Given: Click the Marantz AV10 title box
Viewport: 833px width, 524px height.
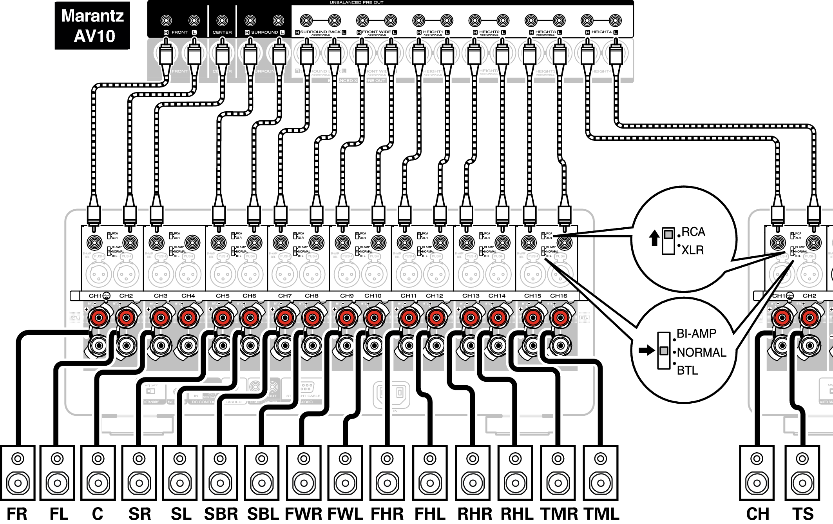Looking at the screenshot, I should point(92,25).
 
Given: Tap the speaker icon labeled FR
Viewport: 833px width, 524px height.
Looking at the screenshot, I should point(18,472).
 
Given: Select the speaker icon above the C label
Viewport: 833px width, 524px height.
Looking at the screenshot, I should point(98,472).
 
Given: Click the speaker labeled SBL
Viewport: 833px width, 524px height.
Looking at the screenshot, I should point(262,472).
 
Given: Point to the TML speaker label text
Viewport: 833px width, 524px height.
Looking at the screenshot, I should point(601,514).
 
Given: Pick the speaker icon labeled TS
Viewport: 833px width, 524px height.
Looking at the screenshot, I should point(802,472).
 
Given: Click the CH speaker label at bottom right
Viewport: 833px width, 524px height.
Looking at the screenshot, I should point(757,514).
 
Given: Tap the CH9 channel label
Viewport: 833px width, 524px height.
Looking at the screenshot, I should point(347,296).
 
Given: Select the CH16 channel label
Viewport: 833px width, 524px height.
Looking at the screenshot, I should point(558,296).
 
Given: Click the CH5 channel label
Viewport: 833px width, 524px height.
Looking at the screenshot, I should point(223,296).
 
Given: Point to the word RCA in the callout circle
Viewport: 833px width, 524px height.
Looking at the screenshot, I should point(693,232).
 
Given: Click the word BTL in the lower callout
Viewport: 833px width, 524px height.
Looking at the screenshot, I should point(688,370).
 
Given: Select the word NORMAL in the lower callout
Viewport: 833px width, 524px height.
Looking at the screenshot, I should point(701,352).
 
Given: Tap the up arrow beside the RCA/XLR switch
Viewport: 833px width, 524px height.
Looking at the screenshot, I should point(654,238).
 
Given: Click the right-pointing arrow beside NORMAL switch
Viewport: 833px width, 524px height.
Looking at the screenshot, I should point(646,350).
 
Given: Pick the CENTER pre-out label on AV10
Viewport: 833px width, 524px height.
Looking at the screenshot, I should point(222,33).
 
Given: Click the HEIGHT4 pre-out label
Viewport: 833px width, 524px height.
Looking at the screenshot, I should point(601,32).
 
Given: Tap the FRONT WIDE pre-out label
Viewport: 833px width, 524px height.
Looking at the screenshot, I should point(377,32).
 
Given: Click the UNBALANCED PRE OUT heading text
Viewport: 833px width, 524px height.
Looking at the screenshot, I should point(356,2).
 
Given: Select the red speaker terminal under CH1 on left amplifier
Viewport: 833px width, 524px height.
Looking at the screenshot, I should point(99,317).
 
